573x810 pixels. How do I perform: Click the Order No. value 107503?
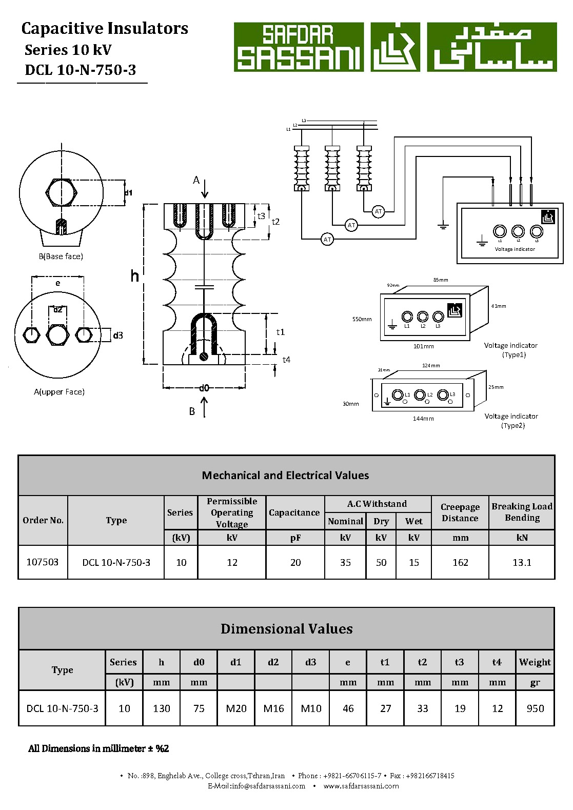point(43,562)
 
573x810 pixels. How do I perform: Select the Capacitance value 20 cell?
point(295,563)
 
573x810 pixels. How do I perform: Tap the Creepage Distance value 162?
point(460,563)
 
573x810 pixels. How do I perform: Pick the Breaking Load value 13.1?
point(522,563)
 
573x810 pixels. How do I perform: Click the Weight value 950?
point(535,708)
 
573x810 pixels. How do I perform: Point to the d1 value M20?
point(236,708)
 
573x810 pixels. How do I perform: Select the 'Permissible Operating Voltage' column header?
point(232,512)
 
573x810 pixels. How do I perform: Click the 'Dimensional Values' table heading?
point(286,629)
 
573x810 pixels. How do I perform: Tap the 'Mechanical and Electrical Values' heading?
point(285,476)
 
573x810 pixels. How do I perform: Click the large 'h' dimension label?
point(134,276)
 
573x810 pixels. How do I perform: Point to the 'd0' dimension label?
point(204,388)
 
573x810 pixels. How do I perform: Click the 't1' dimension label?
point(280,332)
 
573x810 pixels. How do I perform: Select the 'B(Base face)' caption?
point(61,256)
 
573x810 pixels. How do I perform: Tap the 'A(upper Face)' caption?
point(59,392)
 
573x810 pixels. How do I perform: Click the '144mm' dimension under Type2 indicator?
point(423,419)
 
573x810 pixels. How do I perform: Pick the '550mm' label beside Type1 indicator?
point(362,319)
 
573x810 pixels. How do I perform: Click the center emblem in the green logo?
point(395,47)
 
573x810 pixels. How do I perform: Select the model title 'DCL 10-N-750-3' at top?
point(81,70)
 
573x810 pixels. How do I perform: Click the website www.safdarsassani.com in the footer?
point(361,786)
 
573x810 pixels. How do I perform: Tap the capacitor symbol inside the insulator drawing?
point(204,286)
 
